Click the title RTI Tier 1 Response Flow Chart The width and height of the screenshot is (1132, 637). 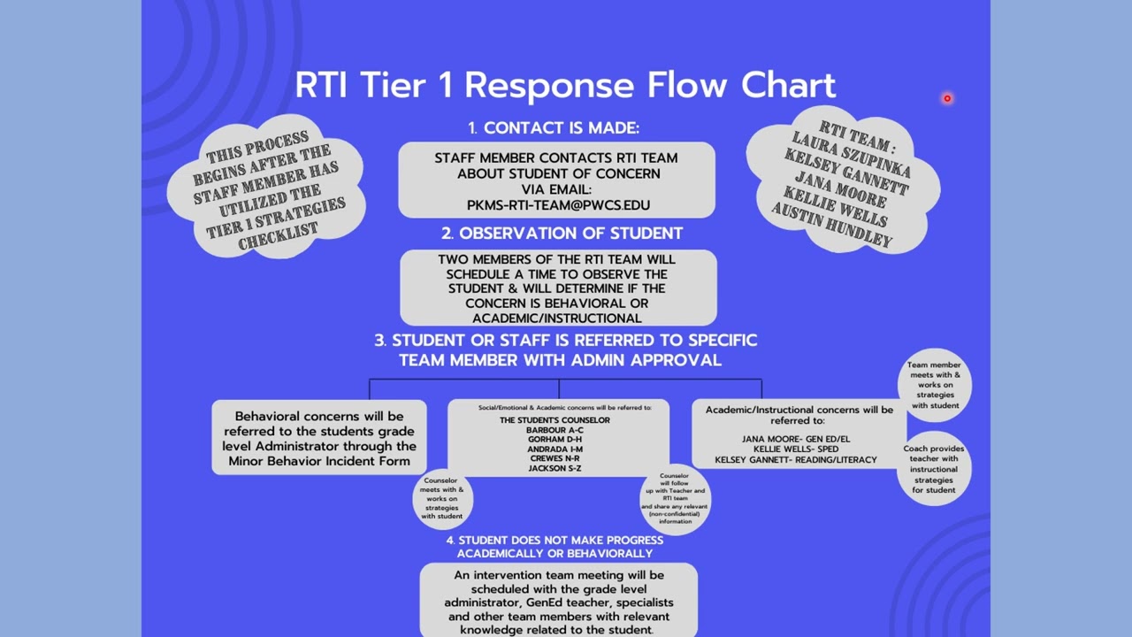pos(565,86)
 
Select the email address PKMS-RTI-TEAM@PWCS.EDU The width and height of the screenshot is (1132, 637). pos(558,205)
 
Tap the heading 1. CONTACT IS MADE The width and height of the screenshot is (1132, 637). pos(554,128)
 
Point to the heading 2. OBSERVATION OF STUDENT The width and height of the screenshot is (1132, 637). pos(562,234)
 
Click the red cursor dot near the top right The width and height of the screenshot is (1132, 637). pos(947,99)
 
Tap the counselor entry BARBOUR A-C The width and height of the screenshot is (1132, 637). pos(555,430)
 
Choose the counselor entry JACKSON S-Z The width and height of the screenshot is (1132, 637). pos(555,468)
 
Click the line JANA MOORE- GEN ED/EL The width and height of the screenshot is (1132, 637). pos(795,439)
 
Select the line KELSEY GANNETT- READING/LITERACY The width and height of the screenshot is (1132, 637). pos(795,460)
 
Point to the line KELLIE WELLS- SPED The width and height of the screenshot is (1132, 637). pos(795,449)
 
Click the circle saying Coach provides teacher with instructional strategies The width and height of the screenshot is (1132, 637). pos(934,469)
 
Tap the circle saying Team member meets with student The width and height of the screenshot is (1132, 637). pos(935,385)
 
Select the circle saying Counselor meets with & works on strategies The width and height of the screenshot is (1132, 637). pos(441,498)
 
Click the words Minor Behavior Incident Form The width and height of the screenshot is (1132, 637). pos(319,461)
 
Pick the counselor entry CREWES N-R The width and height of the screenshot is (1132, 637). pos(555,458)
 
